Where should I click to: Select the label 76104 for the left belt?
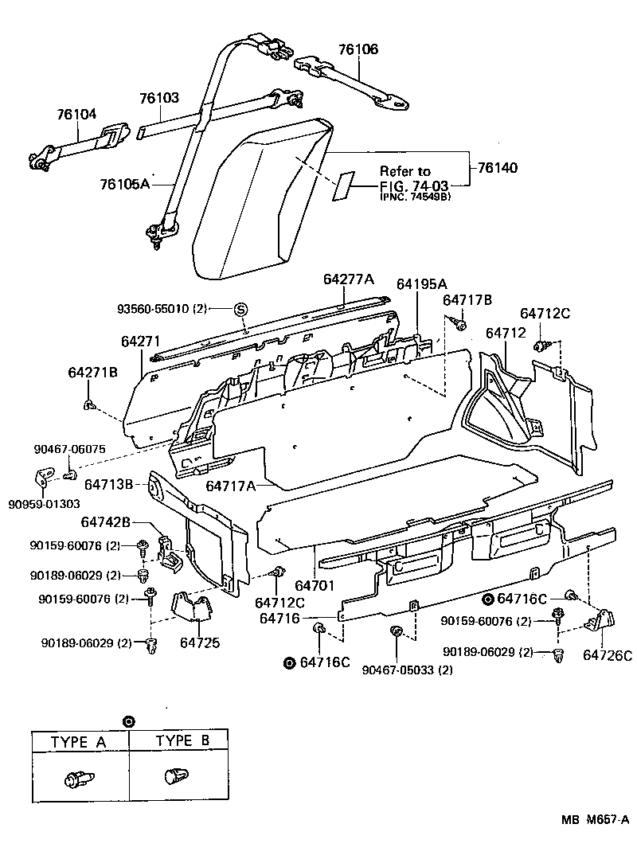[76, 114]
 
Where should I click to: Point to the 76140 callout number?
[498, 168]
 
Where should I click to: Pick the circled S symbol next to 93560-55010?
[240, 309]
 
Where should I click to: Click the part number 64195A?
[422, 284]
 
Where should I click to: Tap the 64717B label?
[467, 300]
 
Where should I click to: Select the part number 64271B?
[92, 372]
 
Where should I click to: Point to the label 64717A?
[231, 486]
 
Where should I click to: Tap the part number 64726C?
[607, 655]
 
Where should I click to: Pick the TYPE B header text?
[182, 740]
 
